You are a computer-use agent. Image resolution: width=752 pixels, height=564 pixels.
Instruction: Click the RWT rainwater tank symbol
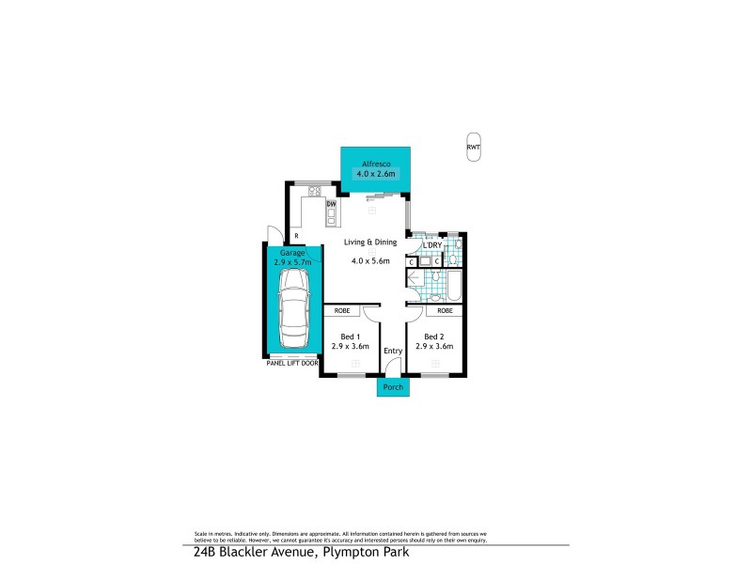pos(473,146)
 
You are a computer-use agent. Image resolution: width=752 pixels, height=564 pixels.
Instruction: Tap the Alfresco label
pos(375,164)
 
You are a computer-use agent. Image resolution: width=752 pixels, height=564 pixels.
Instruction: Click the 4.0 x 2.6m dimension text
pos(375,174)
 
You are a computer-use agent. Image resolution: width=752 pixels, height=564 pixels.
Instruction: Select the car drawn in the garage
pos(292,310)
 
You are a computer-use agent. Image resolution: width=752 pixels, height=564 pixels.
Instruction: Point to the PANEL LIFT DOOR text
pos(292,362)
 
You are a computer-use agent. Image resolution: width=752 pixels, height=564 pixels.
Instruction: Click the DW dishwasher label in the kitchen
pos(331,204)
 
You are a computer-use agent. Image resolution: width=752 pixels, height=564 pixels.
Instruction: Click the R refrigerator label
pos(296,236)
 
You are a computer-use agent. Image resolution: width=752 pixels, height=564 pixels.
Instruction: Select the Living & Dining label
pos(370,243)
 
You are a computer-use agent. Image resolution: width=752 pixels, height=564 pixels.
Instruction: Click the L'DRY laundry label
pos(432,245)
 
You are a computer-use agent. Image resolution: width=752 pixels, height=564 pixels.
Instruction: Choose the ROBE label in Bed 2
pos(444,310)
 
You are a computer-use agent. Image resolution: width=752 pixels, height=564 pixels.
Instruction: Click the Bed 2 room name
pos(433,337)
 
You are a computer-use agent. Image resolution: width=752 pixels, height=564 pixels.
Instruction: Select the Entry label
pos(393,351)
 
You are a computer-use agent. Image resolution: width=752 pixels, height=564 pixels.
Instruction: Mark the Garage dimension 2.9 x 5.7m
pos(291,261)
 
